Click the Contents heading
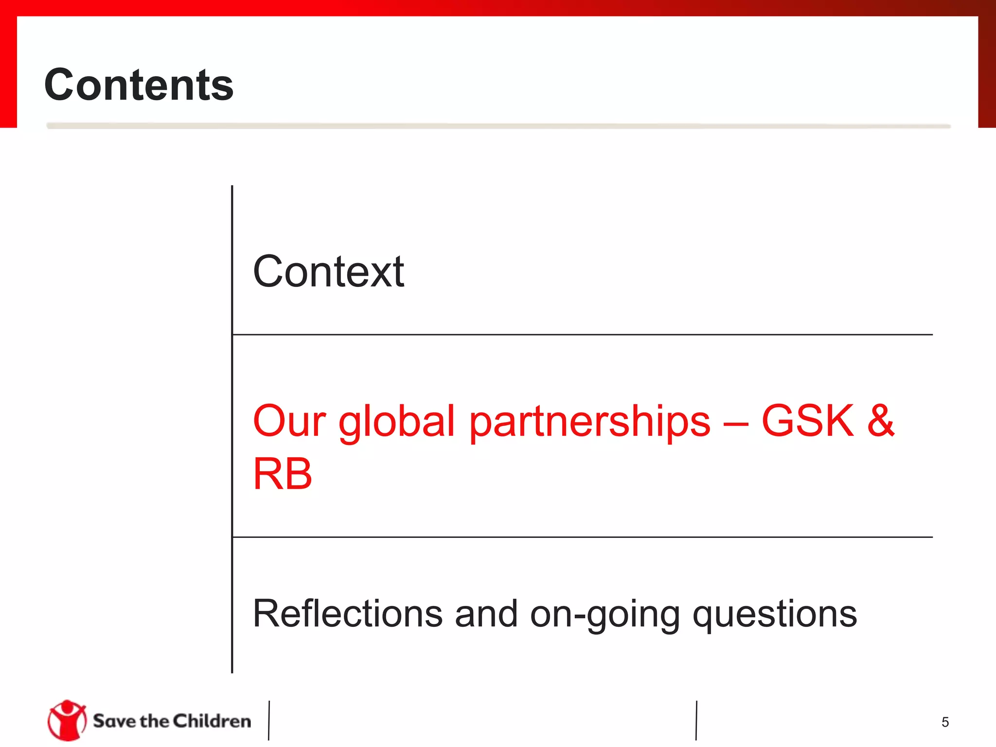click(x=139, y=85)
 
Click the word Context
click(x=328, y=272)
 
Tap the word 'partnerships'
click(x=589, y=422)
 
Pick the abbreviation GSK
click(x=808, y=421)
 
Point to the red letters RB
click(x=283, y=474)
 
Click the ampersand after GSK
click(x=881, y=421)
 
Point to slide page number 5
click(x=945, y=722)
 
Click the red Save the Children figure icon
click(x=67, y=720)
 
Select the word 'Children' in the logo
click(x=212, y=721)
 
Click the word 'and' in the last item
click(x=486, y=614)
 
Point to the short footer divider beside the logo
click(x=268, y=720)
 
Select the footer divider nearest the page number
click(x=696, y=720)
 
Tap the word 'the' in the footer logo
click(x=154, y=721)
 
